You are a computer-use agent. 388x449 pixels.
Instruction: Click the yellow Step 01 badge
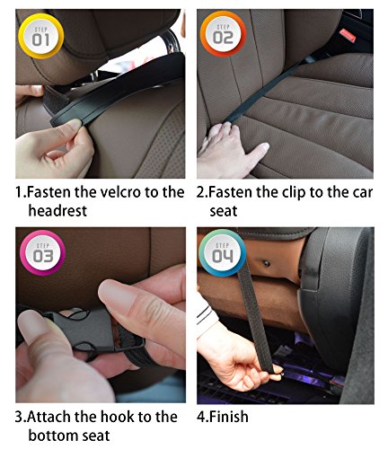(41, 36)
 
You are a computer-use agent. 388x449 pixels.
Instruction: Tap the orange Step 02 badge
(223, 34)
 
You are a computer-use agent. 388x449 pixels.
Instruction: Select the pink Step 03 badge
(42, 253)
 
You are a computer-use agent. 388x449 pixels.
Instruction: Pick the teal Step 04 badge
(223, 253)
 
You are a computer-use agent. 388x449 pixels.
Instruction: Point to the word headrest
(57, 211)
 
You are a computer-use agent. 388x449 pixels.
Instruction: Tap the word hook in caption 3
(117, 417)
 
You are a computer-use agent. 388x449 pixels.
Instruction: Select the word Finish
(229, 417)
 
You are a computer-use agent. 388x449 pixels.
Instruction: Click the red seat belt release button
(348, 35)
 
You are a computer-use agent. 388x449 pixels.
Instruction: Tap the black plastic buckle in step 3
(81, 330)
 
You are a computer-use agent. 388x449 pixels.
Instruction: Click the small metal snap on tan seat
(266, 263)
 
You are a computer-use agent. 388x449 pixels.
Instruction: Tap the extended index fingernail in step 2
(263, 146)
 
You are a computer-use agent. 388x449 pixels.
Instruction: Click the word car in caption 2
(363, 193)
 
